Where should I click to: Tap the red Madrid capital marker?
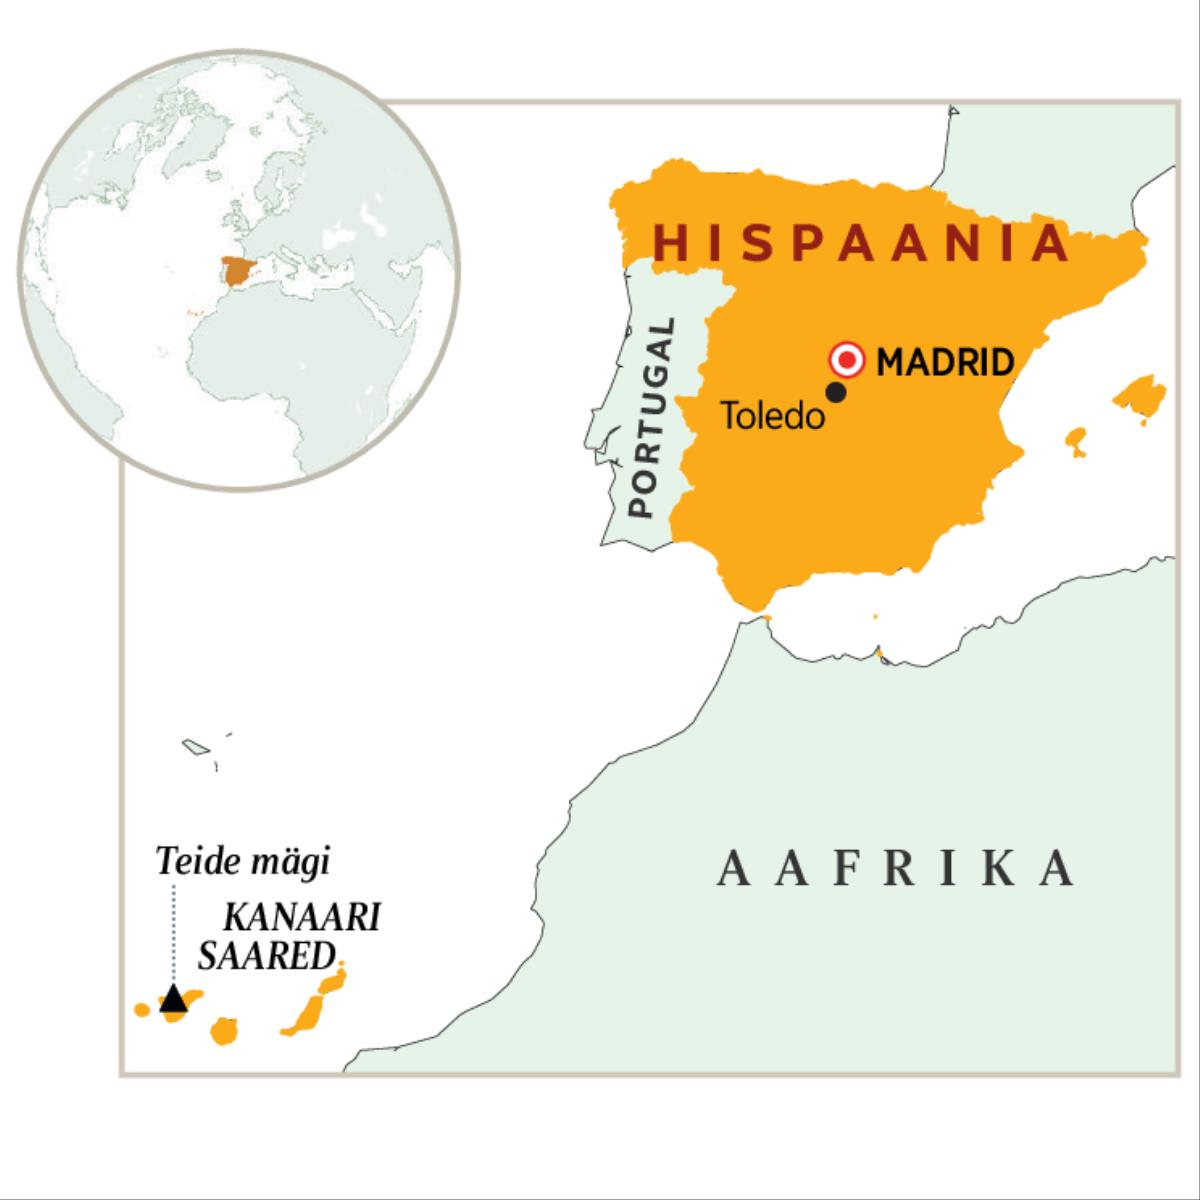[848, 360]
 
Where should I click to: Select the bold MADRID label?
[945, 361]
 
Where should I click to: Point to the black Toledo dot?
[837, 393]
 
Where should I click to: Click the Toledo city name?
[773, 416]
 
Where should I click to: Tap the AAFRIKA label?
[896, 868]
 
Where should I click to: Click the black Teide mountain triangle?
[174, 998]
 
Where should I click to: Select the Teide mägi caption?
[243, 862]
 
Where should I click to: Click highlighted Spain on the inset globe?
[238, 270]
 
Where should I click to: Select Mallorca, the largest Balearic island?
[1140, 395]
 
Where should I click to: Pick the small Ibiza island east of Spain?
[1076, 440]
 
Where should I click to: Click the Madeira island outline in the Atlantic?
[194, 746]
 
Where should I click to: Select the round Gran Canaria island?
[225, 1030]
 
